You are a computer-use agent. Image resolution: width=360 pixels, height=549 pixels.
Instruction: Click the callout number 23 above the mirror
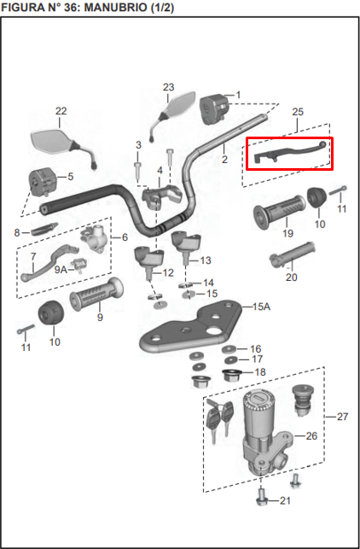[x=168, y=87]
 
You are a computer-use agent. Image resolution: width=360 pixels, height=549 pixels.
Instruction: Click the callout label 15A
[x=261, y=307]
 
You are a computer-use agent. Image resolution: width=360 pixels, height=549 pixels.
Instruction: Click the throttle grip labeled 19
[x=279, y=213]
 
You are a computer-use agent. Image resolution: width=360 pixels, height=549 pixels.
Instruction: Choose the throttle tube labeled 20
[x=292, y=255]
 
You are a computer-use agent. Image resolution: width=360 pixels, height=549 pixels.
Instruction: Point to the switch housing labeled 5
[x=42, y=181]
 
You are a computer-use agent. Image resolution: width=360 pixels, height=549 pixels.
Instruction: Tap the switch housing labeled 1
[x=214, y=108]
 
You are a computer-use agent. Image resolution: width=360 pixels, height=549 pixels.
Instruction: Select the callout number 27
[x=342, y=417]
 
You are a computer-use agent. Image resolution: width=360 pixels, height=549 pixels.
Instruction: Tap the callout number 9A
[x=61, y=269]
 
